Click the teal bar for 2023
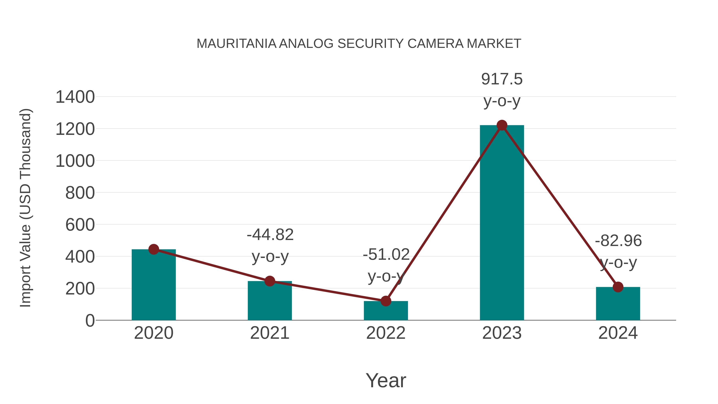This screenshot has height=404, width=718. pyautogui.click(x=502, y=223)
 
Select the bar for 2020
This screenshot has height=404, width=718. pyautogui.click(x=154, y=284)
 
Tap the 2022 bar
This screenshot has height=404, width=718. pyautogui.click(x=386, y=311)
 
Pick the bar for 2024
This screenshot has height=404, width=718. pyautogui.click(x=618, y=304)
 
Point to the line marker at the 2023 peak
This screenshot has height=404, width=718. pyautogui.click(x=502, y=125)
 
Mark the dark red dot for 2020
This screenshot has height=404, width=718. pyautogui.click(x=154, y=249)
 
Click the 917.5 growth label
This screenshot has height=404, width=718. pyautogui.click(x=502, y=79)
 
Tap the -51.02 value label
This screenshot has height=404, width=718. pyautogui.click(x=386, y=254)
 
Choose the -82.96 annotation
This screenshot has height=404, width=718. pyautogui.click(x=618, y=241)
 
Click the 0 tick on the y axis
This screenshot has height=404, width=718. pyautogui.click(x=90, y=320)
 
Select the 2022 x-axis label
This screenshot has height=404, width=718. pyautogui.click(x=386, y=333)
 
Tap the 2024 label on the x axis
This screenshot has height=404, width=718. pyautogui.click(x=618, y=333)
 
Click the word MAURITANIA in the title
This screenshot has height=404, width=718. pyautogui.click(x=236, y=44)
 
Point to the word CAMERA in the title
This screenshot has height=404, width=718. pyautogui.click(x=435, y=44)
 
